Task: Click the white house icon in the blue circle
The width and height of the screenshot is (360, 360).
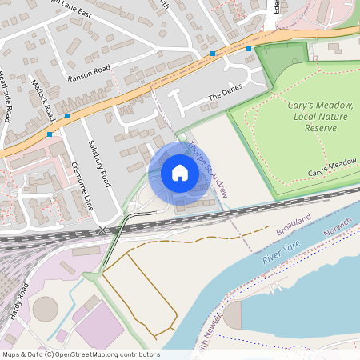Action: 179,173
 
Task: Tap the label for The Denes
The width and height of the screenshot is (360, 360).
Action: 224,96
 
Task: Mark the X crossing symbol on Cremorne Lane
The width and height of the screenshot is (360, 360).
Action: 102,230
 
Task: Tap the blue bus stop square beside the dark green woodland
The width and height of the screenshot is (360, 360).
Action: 249,50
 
